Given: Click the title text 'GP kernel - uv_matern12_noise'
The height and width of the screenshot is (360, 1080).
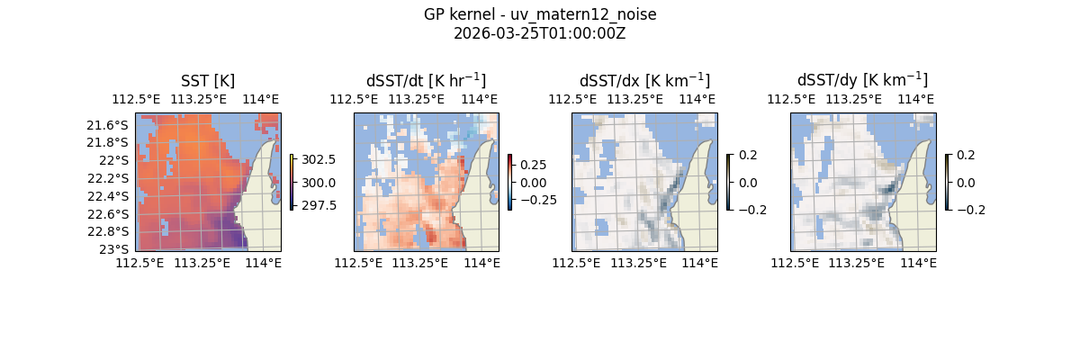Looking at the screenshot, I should (540, 14).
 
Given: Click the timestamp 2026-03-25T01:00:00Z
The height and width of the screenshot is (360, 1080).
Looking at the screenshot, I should (540, 33).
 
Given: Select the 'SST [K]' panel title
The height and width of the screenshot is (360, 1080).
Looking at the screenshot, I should (208, 80).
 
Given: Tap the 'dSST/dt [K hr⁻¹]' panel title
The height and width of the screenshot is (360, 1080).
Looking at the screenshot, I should (426, 80).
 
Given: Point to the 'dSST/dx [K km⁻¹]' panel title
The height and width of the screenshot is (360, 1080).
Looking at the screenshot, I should (644, 80).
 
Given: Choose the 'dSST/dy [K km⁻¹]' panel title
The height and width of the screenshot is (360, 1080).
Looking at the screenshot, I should (862, 80).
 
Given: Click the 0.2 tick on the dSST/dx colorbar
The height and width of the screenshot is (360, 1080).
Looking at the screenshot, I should (748, 155).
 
